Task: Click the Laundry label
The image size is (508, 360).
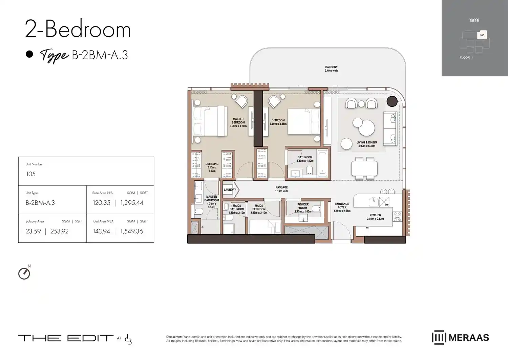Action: (x=230, y=190)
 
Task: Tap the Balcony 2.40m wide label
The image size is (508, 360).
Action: (x=331, y=69)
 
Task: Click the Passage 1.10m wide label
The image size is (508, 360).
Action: (x=281, y=189)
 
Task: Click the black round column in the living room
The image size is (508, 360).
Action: (x=392, y=101)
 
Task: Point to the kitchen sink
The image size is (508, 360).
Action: (x=374, y=202)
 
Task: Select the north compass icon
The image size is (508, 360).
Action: (x=24, y=273)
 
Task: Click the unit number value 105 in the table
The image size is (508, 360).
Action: (x=31, y=174)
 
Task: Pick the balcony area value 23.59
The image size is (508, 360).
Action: (x=33, y=231)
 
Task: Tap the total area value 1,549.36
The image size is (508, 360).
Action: (x=131, y=231)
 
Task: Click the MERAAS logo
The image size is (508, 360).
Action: (x=460, y=337)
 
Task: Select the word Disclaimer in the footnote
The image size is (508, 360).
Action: (x=174, y=337)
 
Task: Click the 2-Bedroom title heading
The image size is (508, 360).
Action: (x=78, y=29)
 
